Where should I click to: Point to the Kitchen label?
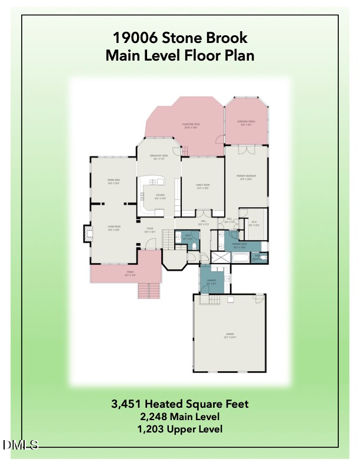160,197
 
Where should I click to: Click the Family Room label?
203,187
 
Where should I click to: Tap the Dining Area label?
114,181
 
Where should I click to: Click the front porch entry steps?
149,291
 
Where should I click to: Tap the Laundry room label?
212,281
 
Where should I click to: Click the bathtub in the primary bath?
240,258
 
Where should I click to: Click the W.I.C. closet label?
254,224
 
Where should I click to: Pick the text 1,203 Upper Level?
180,429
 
